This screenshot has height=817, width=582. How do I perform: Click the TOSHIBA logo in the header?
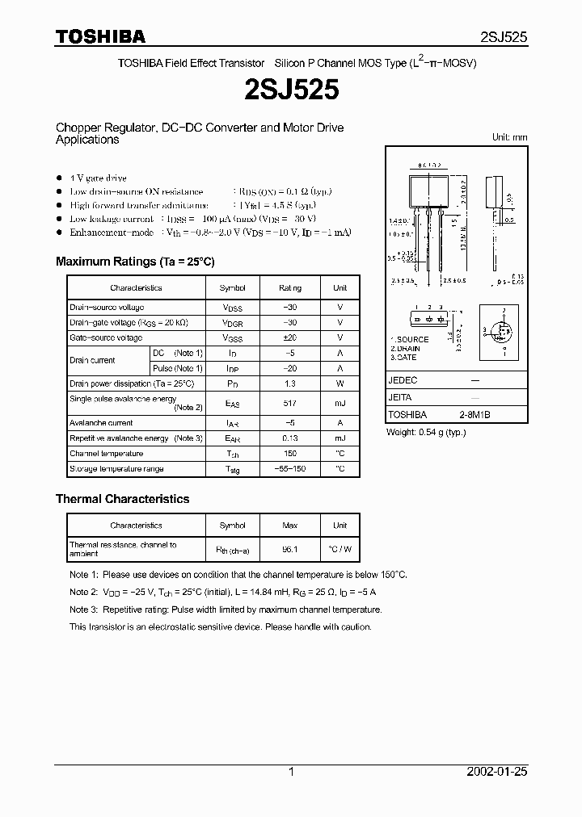coord(100,36)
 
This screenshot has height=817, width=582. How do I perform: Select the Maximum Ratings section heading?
coord(135,262)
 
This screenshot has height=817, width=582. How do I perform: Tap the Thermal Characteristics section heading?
coord(122,499)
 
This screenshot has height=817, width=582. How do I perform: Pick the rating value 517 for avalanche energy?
coord(289,402)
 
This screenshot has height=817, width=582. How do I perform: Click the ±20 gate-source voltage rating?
coord(289,337)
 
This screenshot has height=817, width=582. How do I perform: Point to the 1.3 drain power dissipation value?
coord(289,383)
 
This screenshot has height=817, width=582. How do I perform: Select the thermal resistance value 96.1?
coord(289,549)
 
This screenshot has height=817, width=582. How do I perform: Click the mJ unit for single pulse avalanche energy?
coord(339,402)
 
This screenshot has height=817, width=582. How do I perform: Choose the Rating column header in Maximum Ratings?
coord(289,287)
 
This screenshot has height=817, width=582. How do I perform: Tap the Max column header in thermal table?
coord(289,526)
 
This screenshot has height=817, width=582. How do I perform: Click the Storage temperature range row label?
coord(116,469)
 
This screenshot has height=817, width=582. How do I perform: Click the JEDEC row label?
coord(403,379)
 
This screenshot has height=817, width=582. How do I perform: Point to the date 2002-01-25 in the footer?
coord(496,772)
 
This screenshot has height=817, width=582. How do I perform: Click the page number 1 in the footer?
coord(291,772)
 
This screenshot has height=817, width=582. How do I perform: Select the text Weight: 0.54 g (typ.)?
coord(425,432)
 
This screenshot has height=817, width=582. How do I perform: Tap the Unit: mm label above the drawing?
coord(509,137)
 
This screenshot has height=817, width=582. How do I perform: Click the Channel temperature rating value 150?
coord(289,454)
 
